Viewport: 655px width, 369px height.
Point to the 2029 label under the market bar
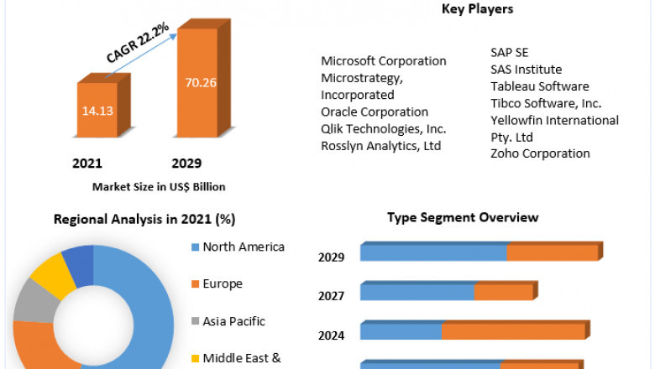(186, 163)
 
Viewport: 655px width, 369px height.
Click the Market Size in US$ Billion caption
(159, 186)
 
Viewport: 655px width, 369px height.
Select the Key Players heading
(477, 9)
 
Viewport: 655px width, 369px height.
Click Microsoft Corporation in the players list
(384, 61)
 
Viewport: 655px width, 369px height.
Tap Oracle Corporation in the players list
(375, 112)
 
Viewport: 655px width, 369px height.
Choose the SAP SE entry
(510, 53)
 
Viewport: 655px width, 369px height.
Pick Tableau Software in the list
(540, 86)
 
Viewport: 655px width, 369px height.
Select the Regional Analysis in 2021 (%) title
(144, 219)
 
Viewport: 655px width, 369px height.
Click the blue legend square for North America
(196, 247)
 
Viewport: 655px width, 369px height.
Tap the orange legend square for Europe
(196, 284)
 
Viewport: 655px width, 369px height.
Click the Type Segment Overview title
(463, 217)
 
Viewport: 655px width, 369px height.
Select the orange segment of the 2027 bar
(503, 293)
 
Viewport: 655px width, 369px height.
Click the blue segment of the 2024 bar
(401, 332)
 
